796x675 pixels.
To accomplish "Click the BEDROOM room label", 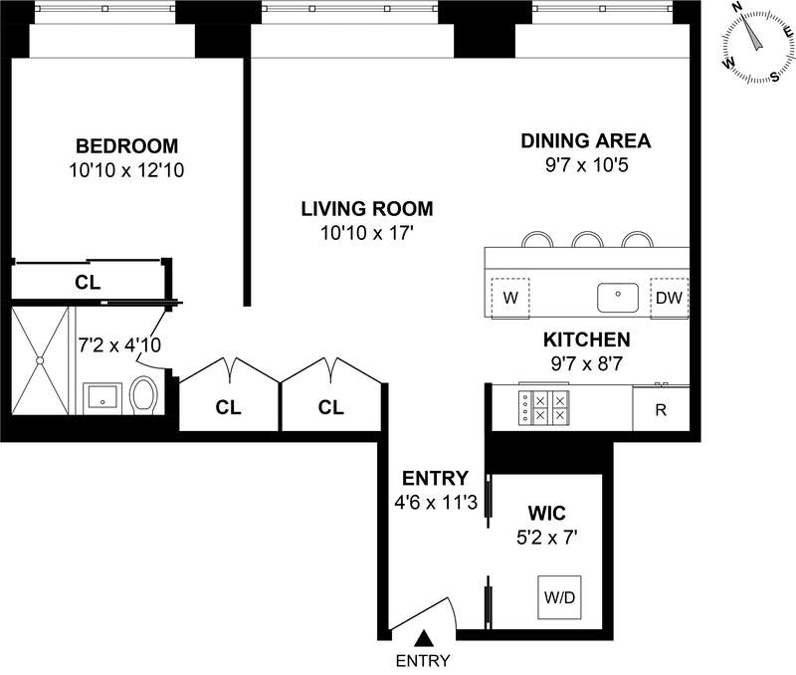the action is coord(127,146).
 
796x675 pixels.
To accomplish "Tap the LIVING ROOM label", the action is coord(367,209).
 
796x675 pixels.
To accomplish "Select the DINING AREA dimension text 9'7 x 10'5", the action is coord(586,164).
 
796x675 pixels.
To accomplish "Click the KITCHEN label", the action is coord(587,339).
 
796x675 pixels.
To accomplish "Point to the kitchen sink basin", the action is coord(618,298).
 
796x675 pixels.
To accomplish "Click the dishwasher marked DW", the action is coord(669,298).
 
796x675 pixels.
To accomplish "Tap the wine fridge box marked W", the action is coord(510,298).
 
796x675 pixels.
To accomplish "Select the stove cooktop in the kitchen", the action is coord(543,407).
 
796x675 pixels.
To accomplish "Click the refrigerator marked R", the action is coord(661,409).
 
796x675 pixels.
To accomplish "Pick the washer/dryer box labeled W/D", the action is coord(559,597).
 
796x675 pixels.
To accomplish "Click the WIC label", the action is coord(546,513).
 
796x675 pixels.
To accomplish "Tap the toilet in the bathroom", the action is coord(143,395).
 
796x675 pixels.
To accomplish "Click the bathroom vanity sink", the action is coord(102,397).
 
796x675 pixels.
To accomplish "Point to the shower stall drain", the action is coord(40,360).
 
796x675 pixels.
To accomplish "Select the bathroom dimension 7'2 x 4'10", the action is coord(119,344).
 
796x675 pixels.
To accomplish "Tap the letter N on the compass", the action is coord(736,7).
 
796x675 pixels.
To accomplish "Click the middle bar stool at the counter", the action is coord(587,239).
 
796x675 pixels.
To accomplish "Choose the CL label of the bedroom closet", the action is coord(88,282).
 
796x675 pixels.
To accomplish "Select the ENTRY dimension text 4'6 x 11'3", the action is coord(436,503).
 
